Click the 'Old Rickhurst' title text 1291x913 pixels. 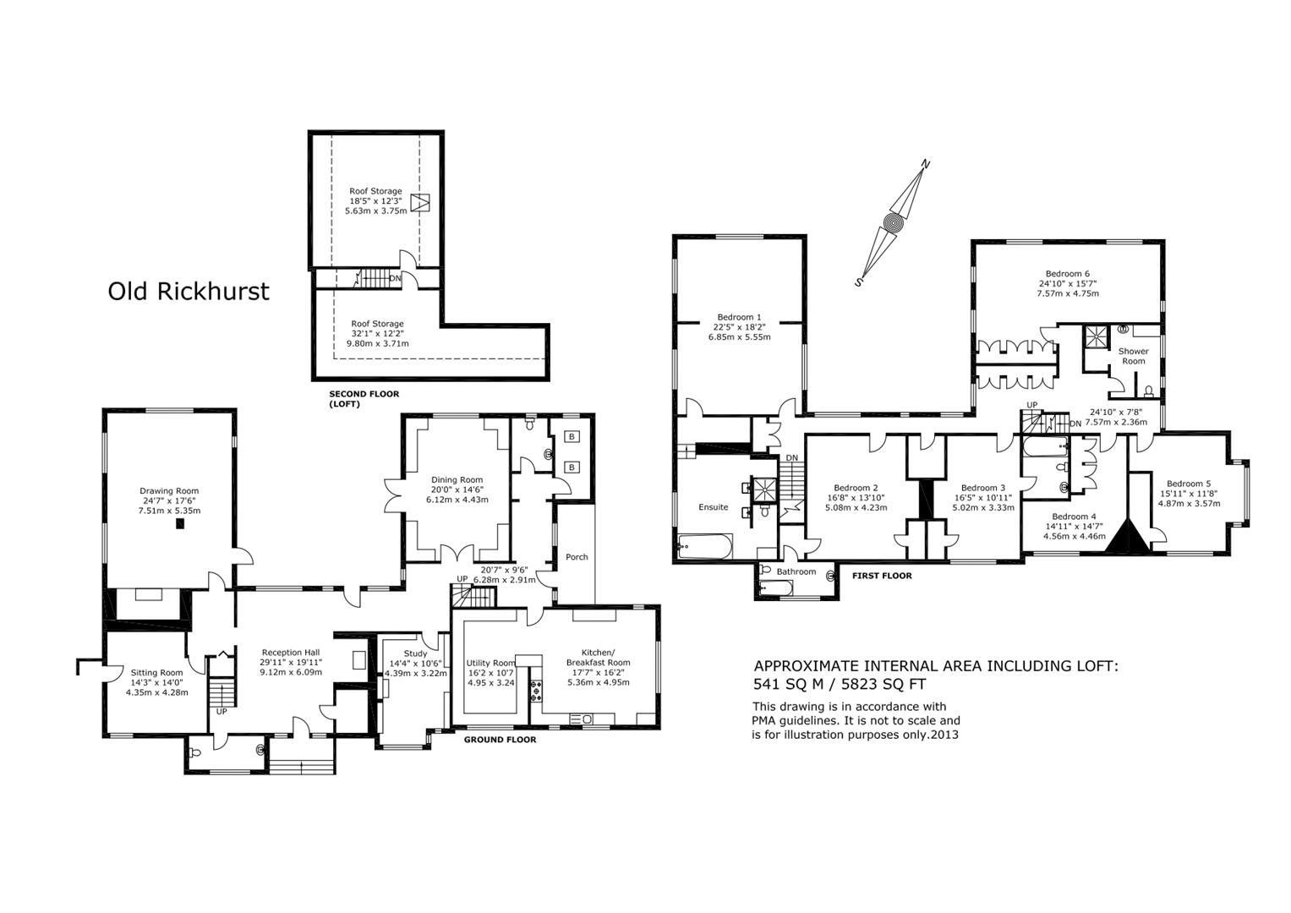coord(188,292)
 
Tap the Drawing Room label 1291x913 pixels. coord(169,491)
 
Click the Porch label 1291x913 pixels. coord(577,557)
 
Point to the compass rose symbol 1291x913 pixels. coord(893,223)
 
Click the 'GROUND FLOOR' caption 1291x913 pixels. coord(500,740)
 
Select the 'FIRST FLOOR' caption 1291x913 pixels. coord(882,576)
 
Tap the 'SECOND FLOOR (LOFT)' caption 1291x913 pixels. coord(364,399)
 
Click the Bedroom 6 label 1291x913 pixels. coord(1067,274)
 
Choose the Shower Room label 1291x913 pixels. coord(1133,356)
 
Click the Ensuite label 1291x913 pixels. coord(713,507)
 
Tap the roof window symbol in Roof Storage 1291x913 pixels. coord(420,203)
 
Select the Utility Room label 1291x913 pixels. coord(490,663)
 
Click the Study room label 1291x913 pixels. coord(415,653)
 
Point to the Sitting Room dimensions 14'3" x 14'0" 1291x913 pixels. coord(156,682)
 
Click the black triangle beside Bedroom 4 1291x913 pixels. coord(1124,537)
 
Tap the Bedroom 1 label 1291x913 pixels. coord(739,317)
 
